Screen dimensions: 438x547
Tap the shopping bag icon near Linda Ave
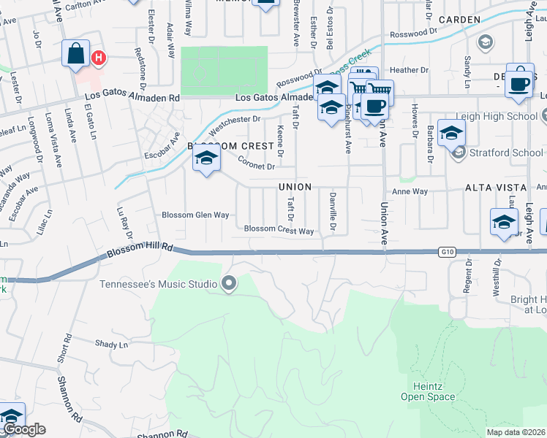(76, 53)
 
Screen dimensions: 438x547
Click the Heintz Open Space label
(428, 391)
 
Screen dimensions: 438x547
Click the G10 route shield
(448, 252)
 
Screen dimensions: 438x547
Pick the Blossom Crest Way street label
(279, 230)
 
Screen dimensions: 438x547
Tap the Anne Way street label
(410, 191)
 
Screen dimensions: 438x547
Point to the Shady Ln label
(111, 343)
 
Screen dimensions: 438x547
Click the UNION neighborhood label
(295, 187)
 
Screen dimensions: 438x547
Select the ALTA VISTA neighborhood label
(493, 188)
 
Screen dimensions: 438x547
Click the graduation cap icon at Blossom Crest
(207, 158)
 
